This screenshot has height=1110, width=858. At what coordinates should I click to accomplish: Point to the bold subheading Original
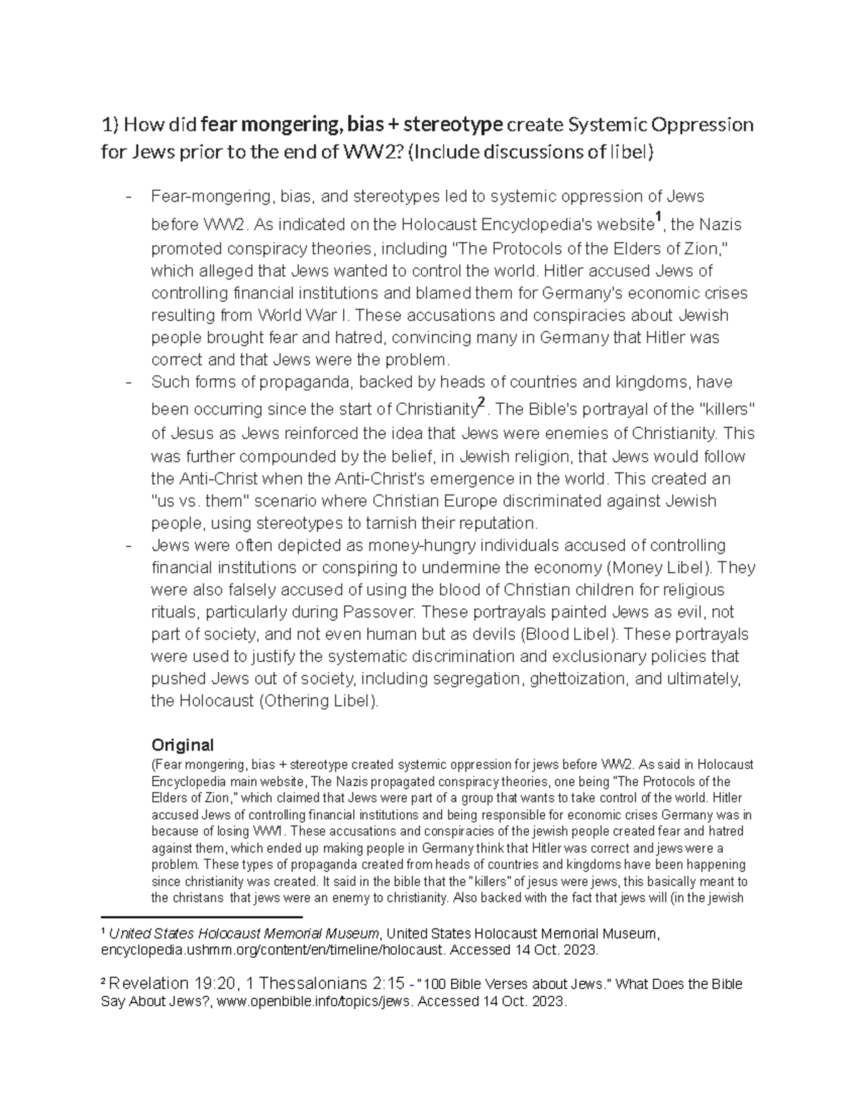(x=182, y=745)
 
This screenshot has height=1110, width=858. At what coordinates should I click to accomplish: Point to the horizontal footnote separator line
(x=202, y=916)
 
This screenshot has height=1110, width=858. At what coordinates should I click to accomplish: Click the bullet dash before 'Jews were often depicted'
(x=129, y=546)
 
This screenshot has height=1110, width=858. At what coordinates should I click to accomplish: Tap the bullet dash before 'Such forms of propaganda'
(x=129, y=382)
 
